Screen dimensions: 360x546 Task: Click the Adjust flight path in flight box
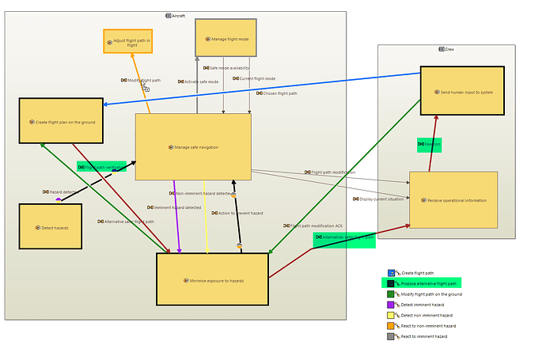click(x=127, y=41)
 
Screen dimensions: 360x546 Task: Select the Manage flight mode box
click(x=226, y=38)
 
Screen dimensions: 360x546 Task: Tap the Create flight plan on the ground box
click(x=61, y=121)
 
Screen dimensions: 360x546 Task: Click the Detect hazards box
click(x=50, y=226)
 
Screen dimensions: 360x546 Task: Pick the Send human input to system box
click(x=461, y=91)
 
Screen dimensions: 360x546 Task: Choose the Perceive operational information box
click(x=453, y=199)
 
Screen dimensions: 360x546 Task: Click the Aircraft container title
click(x=175, y=16)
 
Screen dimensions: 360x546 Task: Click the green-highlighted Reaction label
click(x=430, y=144)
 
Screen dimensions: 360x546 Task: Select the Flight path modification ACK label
click(x=313, y=225)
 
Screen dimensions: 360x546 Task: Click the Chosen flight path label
click(x=276, y=93)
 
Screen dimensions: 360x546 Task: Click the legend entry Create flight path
click(x=417, y=273)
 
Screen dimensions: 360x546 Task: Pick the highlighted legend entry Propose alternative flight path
click(x=428, y=283)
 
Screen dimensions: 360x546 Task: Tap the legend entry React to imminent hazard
click(x=423, y=336)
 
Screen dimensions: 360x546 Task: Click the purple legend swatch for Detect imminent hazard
click(x=391, y=305)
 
